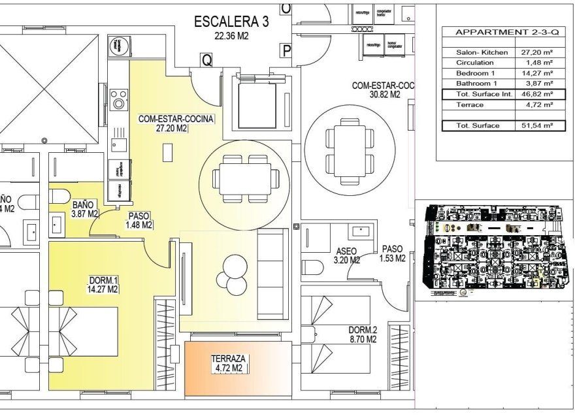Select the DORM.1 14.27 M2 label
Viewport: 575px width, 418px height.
click(x=103, y=285)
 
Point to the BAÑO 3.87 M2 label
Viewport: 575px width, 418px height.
click(x=85, y=209)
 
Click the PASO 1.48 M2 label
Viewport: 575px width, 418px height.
click(x=139, y=220)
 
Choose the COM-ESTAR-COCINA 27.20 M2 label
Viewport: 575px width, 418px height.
click(x=176, y=124)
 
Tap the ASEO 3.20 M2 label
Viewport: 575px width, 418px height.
click(x=346, y=255)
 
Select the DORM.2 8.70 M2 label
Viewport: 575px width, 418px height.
click(x=363, y=334)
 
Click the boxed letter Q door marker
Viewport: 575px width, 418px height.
click(x=206, y=60)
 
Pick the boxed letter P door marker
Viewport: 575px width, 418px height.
click(x=286, y=50)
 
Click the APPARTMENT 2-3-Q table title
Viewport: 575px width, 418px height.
click(x=501, y=32)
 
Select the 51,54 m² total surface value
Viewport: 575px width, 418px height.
click(x=537, y=125)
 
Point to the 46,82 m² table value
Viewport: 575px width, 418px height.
click(x=537, y=94)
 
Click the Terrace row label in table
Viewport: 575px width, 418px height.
click(x=470, y=104)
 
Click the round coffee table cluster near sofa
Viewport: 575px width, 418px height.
click(x=233, y=272)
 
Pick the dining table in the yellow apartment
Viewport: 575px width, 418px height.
click(x=245, y=176)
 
